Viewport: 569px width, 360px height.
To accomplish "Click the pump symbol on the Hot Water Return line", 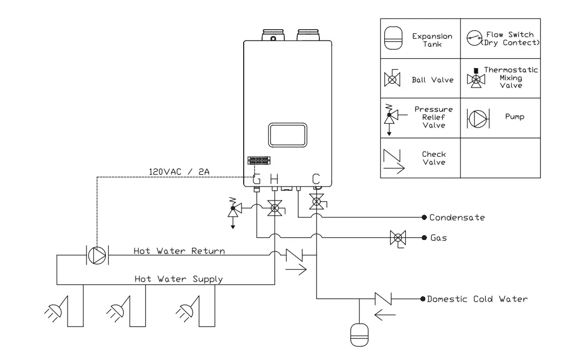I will [x=97, y=255].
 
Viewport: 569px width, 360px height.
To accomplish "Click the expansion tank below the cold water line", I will [x=358, y=333].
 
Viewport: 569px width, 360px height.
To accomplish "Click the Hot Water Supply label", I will [x=179, y=279].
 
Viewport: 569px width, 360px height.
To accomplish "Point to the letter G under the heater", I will [x=257, y=179].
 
